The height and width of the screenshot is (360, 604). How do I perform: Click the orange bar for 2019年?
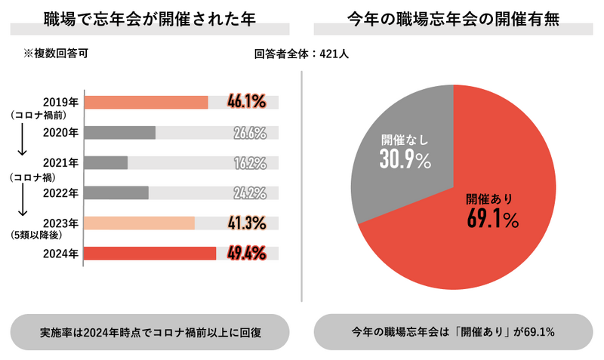tap(146, 102)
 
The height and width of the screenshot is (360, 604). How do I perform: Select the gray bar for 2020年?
tap(119, 133)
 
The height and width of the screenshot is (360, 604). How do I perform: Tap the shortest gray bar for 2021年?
tap(106, 162)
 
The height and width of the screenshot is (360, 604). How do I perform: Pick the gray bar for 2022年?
tap(116, 192)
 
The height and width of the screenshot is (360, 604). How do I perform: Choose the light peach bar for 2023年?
tap(139, 223)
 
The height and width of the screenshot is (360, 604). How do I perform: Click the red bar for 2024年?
tap(149, 253)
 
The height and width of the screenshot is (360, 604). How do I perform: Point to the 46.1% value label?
tap(246, 102)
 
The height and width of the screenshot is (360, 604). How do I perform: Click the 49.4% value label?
tap(246, 253)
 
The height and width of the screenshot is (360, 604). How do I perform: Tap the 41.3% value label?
tap(246, 223)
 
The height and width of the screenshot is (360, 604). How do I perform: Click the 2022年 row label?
tap(61, 192)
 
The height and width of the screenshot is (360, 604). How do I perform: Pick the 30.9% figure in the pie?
tap(405, 159)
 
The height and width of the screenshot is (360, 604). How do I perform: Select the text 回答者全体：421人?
tap(300, 54)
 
